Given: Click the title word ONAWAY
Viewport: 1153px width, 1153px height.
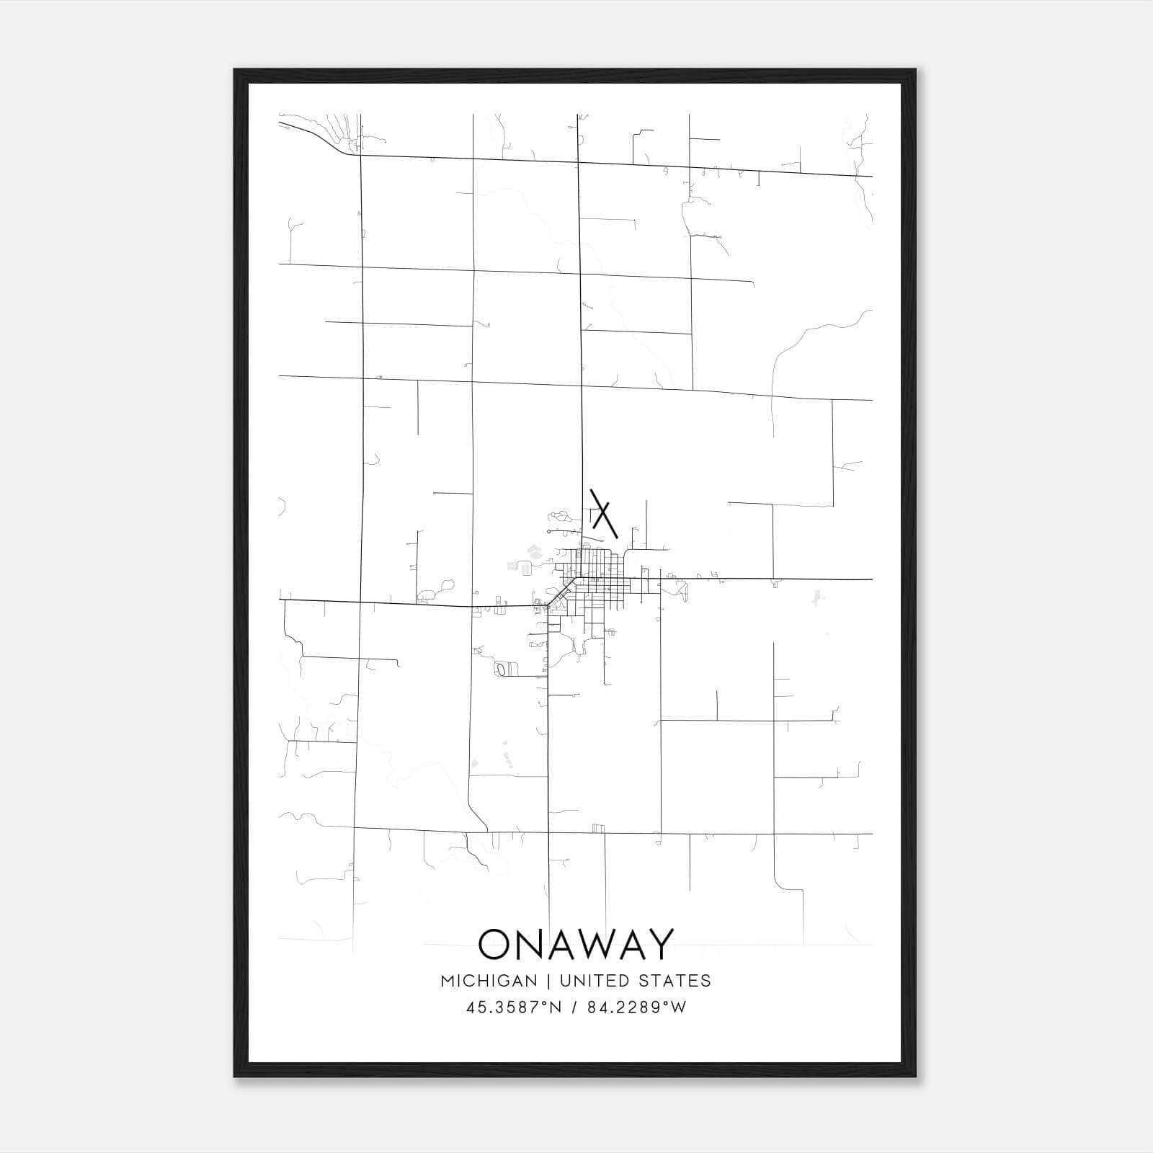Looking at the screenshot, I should coord(576,944).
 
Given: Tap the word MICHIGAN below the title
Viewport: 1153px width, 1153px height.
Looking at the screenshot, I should coord(489,981).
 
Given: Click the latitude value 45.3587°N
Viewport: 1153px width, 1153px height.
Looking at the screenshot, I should coord(512,1007).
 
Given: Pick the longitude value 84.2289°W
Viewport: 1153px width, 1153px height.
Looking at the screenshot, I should coord(636,1007).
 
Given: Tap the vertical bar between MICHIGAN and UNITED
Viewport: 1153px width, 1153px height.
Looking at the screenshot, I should coord(548,981).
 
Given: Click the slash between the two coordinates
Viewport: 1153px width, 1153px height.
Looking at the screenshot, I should coord(574,1007).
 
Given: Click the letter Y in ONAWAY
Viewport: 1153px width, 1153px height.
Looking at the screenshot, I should coord(659,944).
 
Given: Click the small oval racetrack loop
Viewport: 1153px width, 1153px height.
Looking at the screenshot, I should coord(501,670).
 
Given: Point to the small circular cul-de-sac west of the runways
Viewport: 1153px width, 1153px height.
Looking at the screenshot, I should coord(549,532).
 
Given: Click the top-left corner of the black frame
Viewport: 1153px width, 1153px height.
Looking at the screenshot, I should coord(235,70).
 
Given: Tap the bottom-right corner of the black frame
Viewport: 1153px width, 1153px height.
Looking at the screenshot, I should coord(915,1077).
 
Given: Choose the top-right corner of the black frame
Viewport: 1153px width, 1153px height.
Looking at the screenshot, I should coord(915,70).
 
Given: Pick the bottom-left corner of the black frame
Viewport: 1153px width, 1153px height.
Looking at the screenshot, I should coord(235,1077).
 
